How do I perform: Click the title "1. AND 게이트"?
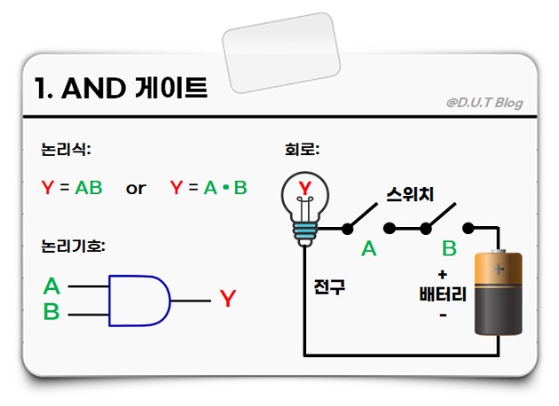[x=120, y=89]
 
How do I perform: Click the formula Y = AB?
[x=72, y=188]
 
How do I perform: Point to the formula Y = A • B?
[x=209, y=188]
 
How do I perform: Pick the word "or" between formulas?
[x=136, y=189]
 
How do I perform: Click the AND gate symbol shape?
[x=138, y=300]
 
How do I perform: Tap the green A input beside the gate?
[x=51, y=286]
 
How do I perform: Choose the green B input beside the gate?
[x=51, y=312]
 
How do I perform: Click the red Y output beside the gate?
[x=228, y=300]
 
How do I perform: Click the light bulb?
[x=305, y=202]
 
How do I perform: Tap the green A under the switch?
[x=369, y=249]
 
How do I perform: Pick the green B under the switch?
[x=449, y=249]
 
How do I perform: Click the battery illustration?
[x=498, y=293]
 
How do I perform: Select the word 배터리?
[x=443, y=294]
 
